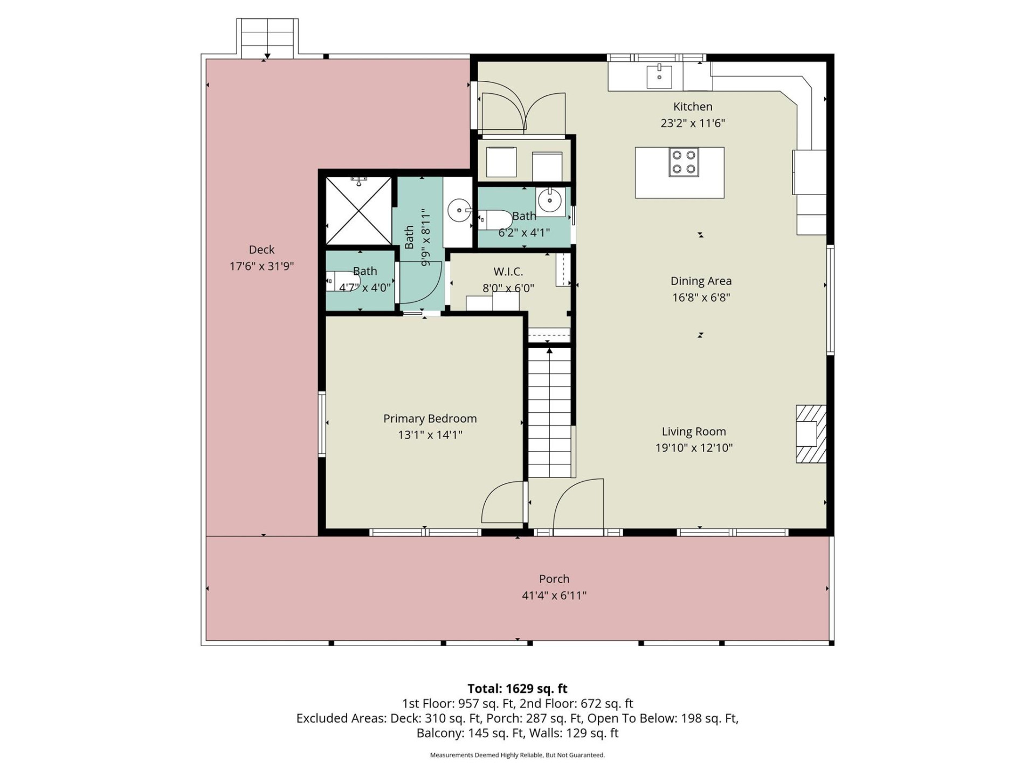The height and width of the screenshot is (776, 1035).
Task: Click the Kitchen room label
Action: point(692,107)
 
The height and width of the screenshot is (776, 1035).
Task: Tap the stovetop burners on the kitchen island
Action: point(684,162)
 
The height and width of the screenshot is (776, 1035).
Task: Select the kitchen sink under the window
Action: point(659,76)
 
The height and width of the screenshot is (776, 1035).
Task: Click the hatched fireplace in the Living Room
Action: point(811,434)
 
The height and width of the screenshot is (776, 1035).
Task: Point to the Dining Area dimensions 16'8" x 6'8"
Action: point(701,297)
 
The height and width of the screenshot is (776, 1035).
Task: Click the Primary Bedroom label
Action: point(430,419)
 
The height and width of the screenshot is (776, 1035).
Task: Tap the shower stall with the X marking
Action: point(358,211)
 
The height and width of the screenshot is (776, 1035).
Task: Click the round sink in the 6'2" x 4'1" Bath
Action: point(550,202)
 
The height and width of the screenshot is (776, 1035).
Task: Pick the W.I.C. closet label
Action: point(508,272)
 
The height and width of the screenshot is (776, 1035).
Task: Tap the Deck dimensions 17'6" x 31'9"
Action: point(261,266)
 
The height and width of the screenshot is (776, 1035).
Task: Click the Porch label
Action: point(554,579)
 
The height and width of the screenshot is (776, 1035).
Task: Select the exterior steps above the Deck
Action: point(267,38)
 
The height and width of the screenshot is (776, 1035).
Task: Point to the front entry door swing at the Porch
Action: point(578,504)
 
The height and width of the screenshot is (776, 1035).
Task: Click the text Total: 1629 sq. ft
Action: point(517,689)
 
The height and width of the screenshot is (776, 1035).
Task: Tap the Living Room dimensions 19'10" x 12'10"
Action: point(693,448)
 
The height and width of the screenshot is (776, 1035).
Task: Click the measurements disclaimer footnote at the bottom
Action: point(517,755)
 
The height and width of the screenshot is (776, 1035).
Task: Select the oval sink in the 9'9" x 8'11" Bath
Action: point(459,210)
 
